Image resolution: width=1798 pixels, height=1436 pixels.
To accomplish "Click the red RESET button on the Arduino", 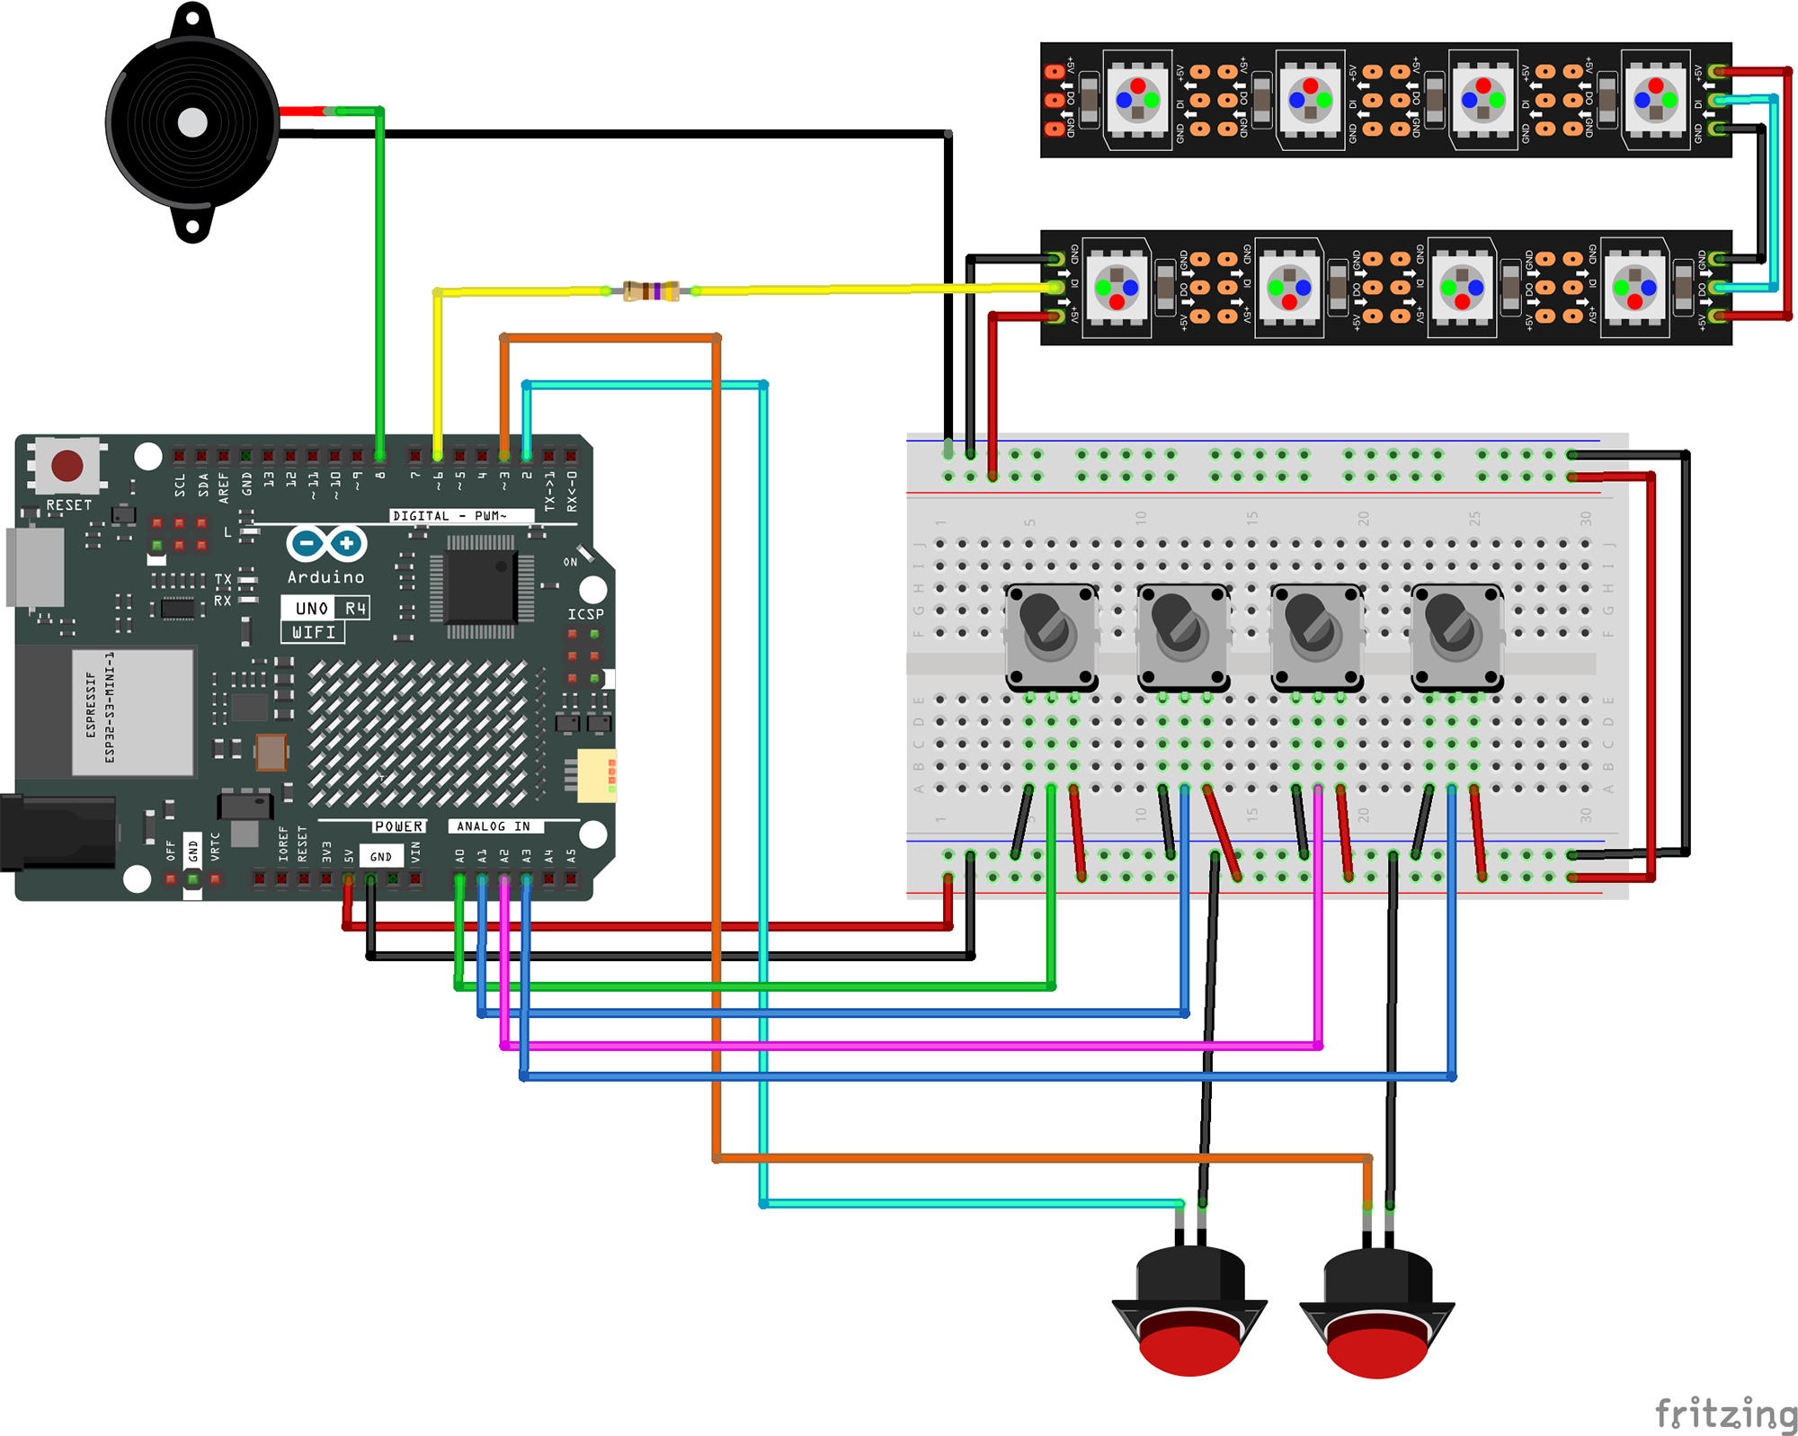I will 67,465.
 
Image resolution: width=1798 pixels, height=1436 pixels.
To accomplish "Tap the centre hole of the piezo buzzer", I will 192,123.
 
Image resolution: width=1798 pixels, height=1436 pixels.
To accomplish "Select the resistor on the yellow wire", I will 651,290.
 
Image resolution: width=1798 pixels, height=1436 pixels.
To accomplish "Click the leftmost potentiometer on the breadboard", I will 1050,634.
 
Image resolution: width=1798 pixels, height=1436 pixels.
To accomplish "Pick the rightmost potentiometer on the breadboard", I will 1455,635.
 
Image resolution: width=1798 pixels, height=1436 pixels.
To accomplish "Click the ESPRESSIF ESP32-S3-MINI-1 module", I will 132,711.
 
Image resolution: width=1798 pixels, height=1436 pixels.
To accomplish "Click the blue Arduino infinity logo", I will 326,543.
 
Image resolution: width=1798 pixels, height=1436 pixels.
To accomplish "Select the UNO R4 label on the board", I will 326,608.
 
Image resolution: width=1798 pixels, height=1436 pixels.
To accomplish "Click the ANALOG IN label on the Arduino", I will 494,825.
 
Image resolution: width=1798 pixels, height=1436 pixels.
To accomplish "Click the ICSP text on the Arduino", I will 585,614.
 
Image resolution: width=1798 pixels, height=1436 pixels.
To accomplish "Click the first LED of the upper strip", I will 1137,99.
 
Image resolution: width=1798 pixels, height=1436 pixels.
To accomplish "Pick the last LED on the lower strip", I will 1634,288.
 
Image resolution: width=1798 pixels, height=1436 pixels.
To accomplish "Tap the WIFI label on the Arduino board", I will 313,632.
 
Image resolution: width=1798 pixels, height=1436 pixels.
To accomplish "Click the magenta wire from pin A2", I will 899,1046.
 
